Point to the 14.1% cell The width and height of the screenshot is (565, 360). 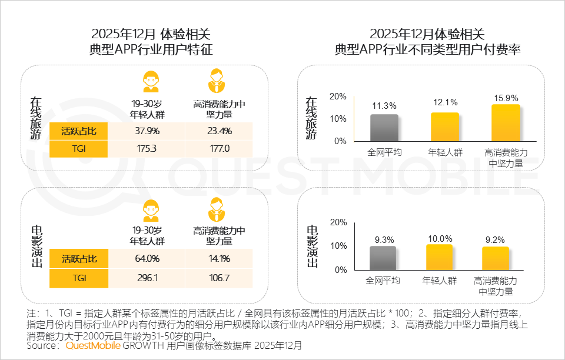(220, 258)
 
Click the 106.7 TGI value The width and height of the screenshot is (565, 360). (220, 276)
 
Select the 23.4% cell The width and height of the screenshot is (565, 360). (220, 131)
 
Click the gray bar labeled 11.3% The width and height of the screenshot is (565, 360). (384, 128)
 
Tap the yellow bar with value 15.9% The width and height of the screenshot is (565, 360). (506, 123)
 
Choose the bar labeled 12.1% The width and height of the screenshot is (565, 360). (445, 127)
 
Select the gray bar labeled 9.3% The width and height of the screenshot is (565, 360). (383, 258)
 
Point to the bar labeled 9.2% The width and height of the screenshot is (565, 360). (496, 258)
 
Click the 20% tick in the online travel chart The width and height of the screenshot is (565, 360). (338, 96)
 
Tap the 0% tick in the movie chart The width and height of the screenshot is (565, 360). (340, 270)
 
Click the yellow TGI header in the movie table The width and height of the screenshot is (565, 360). (78, 276)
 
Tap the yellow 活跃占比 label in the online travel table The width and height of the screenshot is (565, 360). (78, 131)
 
